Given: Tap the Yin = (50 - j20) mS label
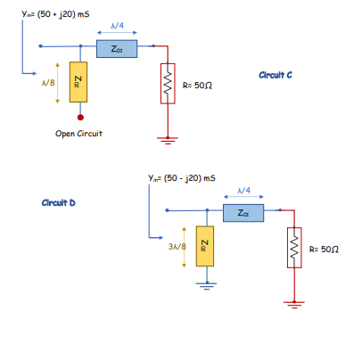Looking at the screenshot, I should point(182,180).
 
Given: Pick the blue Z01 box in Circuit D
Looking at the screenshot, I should point(244,212).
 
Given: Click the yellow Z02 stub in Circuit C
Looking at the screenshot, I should point(80,84).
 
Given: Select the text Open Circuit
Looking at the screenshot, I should point(78,134).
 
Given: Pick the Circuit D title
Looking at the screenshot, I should point(59,203).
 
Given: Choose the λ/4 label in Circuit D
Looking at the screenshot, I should point(243,191).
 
